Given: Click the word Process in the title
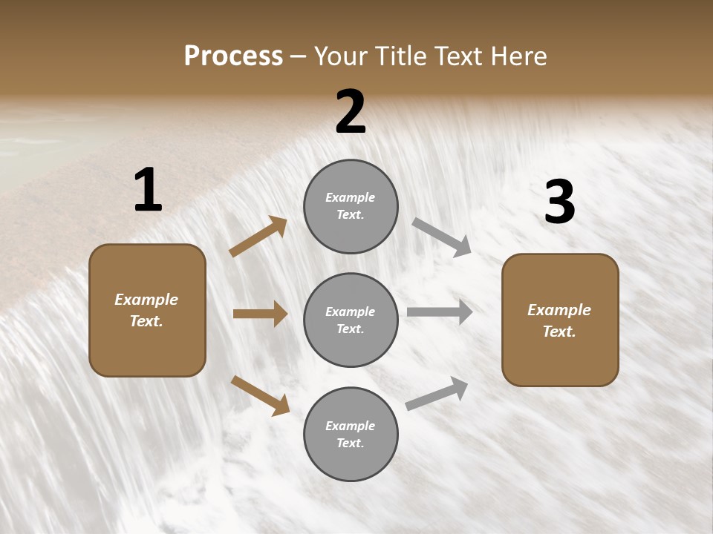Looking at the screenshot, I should pos(233,56).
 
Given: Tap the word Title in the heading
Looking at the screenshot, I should pos(400,56).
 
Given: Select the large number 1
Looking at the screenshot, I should pos(148,191).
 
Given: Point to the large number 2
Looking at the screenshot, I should pos(351,113).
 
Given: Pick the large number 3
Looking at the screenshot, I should pos(560,202).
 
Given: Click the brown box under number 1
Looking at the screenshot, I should pos(147,310).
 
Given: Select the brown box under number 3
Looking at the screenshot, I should pos(560,320).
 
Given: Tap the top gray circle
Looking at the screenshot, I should pos(351,206).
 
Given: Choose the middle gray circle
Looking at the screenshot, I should pos(351,320).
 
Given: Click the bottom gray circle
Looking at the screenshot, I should pos(351,435).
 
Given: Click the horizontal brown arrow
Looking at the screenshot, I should pos(260,314).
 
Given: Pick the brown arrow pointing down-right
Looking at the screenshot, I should pos(260,395).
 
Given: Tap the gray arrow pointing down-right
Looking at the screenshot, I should pos(442,237).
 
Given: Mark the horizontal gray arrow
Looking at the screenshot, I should pos(440,311).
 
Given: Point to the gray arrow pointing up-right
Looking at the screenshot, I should pos(437,393).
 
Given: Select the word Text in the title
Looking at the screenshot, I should pos(457,56).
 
